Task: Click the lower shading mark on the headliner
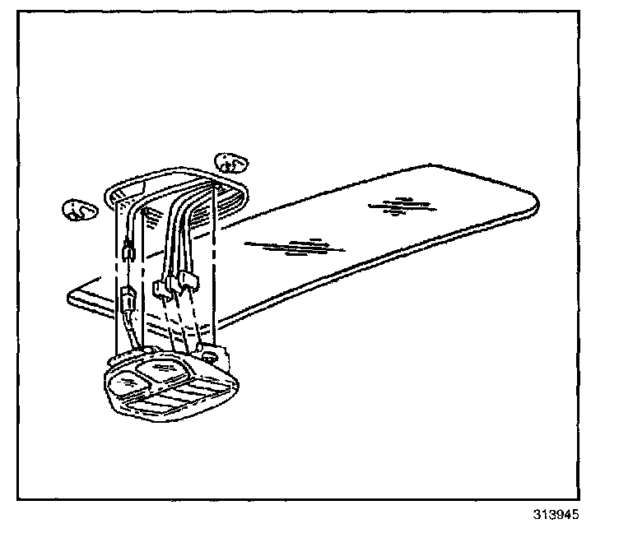click(x=296, y=245)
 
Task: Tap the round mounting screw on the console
click(x=212, y=358)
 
